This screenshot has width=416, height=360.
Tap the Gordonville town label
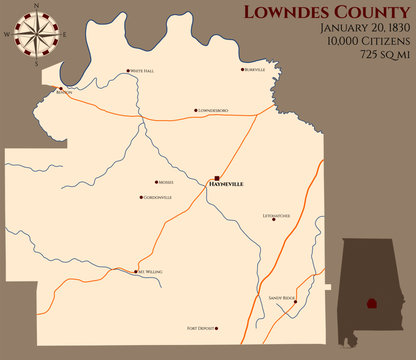click(158, 197)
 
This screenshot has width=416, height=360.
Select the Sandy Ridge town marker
click(295, 301)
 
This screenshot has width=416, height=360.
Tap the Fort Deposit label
click(203, 327)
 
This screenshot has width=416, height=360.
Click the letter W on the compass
click(6, 33)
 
